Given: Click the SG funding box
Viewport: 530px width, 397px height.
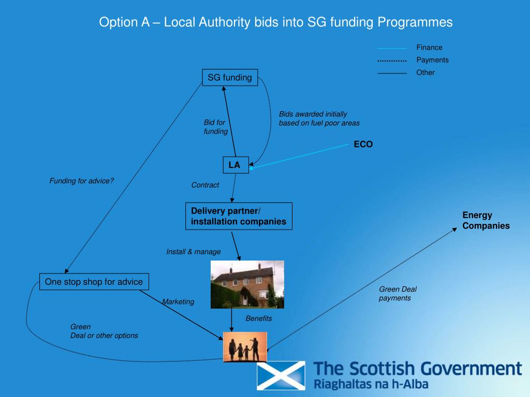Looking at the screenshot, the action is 230,78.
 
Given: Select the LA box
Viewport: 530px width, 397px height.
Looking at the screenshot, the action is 235,165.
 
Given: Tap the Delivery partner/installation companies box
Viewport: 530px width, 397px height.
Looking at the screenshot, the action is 239,216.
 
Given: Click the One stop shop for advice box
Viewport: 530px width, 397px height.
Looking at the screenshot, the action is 94,282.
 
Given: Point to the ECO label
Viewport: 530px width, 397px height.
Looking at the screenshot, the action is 363,145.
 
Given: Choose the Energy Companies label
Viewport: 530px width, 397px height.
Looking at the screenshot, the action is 485,221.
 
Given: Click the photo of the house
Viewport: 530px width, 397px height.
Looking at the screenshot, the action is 247,284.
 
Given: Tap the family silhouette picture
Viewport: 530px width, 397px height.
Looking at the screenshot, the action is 245,346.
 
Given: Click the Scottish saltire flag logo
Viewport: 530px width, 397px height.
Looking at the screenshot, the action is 281,375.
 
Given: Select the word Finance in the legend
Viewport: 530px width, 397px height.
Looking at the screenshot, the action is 429,48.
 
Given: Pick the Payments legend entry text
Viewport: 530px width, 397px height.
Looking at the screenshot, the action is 432,60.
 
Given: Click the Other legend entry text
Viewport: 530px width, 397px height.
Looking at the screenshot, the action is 425,72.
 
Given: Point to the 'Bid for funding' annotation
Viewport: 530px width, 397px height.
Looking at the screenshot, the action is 215,127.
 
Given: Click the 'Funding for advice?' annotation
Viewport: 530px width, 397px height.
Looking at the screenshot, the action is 81,180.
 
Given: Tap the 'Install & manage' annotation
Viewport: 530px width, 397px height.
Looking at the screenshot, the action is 193,252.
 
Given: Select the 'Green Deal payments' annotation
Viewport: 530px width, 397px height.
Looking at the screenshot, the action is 397,294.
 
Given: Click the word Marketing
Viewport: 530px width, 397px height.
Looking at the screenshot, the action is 178,301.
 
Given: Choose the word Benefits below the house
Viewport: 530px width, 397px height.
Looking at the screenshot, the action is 258,318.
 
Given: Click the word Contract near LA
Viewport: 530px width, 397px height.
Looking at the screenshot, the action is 205,185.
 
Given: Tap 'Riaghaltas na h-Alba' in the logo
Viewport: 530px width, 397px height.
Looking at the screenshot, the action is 371,384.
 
